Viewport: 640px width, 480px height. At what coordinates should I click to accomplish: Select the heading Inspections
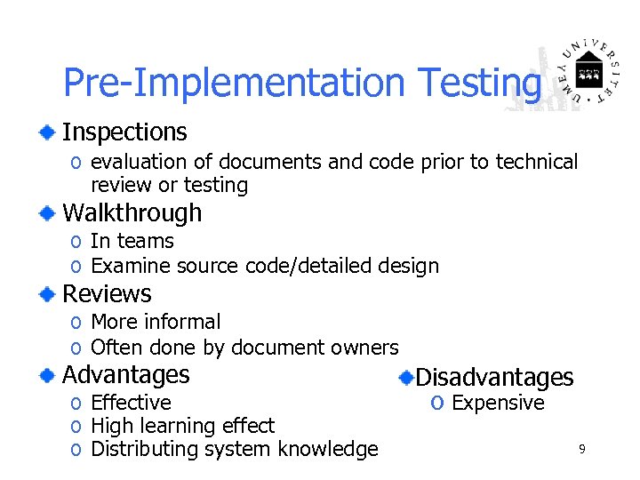click(x=124, y=132)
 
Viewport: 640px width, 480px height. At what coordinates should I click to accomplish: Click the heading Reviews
click(x=107, y=294)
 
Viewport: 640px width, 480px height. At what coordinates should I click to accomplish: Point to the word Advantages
click(x=125, y=374)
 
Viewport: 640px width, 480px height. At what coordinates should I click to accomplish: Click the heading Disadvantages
click(x=494, y=378)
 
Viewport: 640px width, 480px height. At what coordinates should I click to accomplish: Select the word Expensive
click(x=498, y=404)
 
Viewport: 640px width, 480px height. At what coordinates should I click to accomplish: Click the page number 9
click(x=581, y=450)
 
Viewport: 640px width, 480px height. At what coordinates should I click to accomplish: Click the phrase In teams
click(x=132, y=241)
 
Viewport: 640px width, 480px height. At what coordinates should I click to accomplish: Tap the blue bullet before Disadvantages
click(x=405, y=378)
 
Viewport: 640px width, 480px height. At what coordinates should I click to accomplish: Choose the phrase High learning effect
click(x=182, y=427)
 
